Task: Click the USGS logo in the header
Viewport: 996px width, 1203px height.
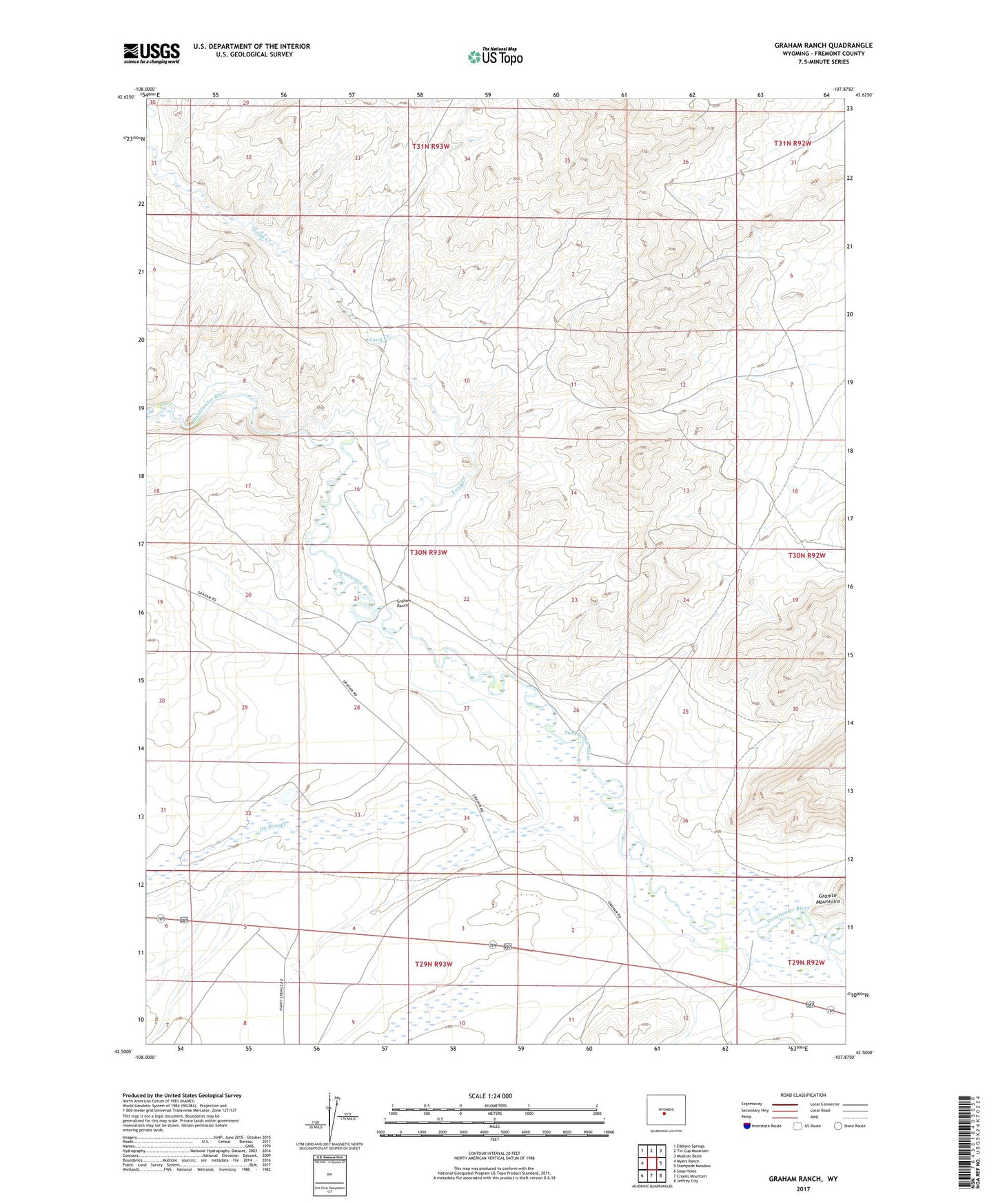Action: click(152, 52)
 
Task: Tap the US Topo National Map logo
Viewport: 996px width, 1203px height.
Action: click(494, 56)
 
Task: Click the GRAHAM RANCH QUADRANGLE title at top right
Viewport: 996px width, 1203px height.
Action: click(823, 45)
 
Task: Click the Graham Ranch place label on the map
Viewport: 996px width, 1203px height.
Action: click(404, 603)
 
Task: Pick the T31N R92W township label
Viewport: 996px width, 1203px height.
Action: click(792, 143)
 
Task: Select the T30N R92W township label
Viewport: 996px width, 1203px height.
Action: click(806, 555)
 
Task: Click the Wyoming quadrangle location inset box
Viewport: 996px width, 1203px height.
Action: click(665, 1111)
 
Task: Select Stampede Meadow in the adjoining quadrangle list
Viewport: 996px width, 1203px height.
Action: click(691, 1166)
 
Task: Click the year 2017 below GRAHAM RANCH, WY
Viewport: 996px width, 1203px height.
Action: click(803, 1189)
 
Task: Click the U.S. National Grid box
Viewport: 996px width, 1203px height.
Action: click(329, 1169)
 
